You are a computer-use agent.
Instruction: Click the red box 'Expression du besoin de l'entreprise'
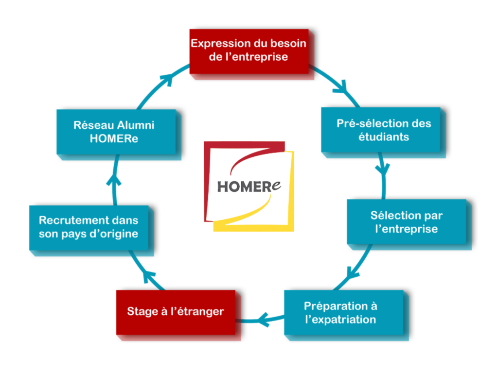(x=249, y=51)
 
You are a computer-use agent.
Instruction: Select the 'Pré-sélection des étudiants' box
(x=381, y=130)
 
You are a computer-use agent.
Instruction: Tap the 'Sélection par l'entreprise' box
(x=407, y=221)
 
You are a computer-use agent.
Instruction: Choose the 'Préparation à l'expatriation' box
(x=344, y=312)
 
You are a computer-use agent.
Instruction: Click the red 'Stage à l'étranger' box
(x=176, y=312)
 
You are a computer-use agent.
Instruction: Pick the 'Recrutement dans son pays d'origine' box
(x=89, y=228)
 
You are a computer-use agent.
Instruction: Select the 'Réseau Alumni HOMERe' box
(x=116, y=132)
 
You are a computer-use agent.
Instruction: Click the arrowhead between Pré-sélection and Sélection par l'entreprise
(x=383, y=170)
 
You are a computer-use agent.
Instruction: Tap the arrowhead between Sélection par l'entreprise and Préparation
(x=352, y=273)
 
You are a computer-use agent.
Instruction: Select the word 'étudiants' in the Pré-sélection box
(x=384, y=136)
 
